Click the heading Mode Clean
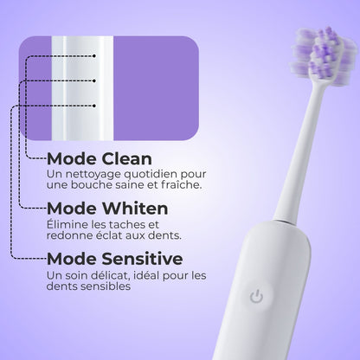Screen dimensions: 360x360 99,159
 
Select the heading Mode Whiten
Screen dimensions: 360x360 106,209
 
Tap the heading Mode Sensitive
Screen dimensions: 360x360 114,259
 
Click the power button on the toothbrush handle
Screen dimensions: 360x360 256,297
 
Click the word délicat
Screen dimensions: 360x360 112,276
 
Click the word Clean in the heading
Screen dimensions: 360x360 125,159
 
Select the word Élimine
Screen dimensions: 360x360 67,224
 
